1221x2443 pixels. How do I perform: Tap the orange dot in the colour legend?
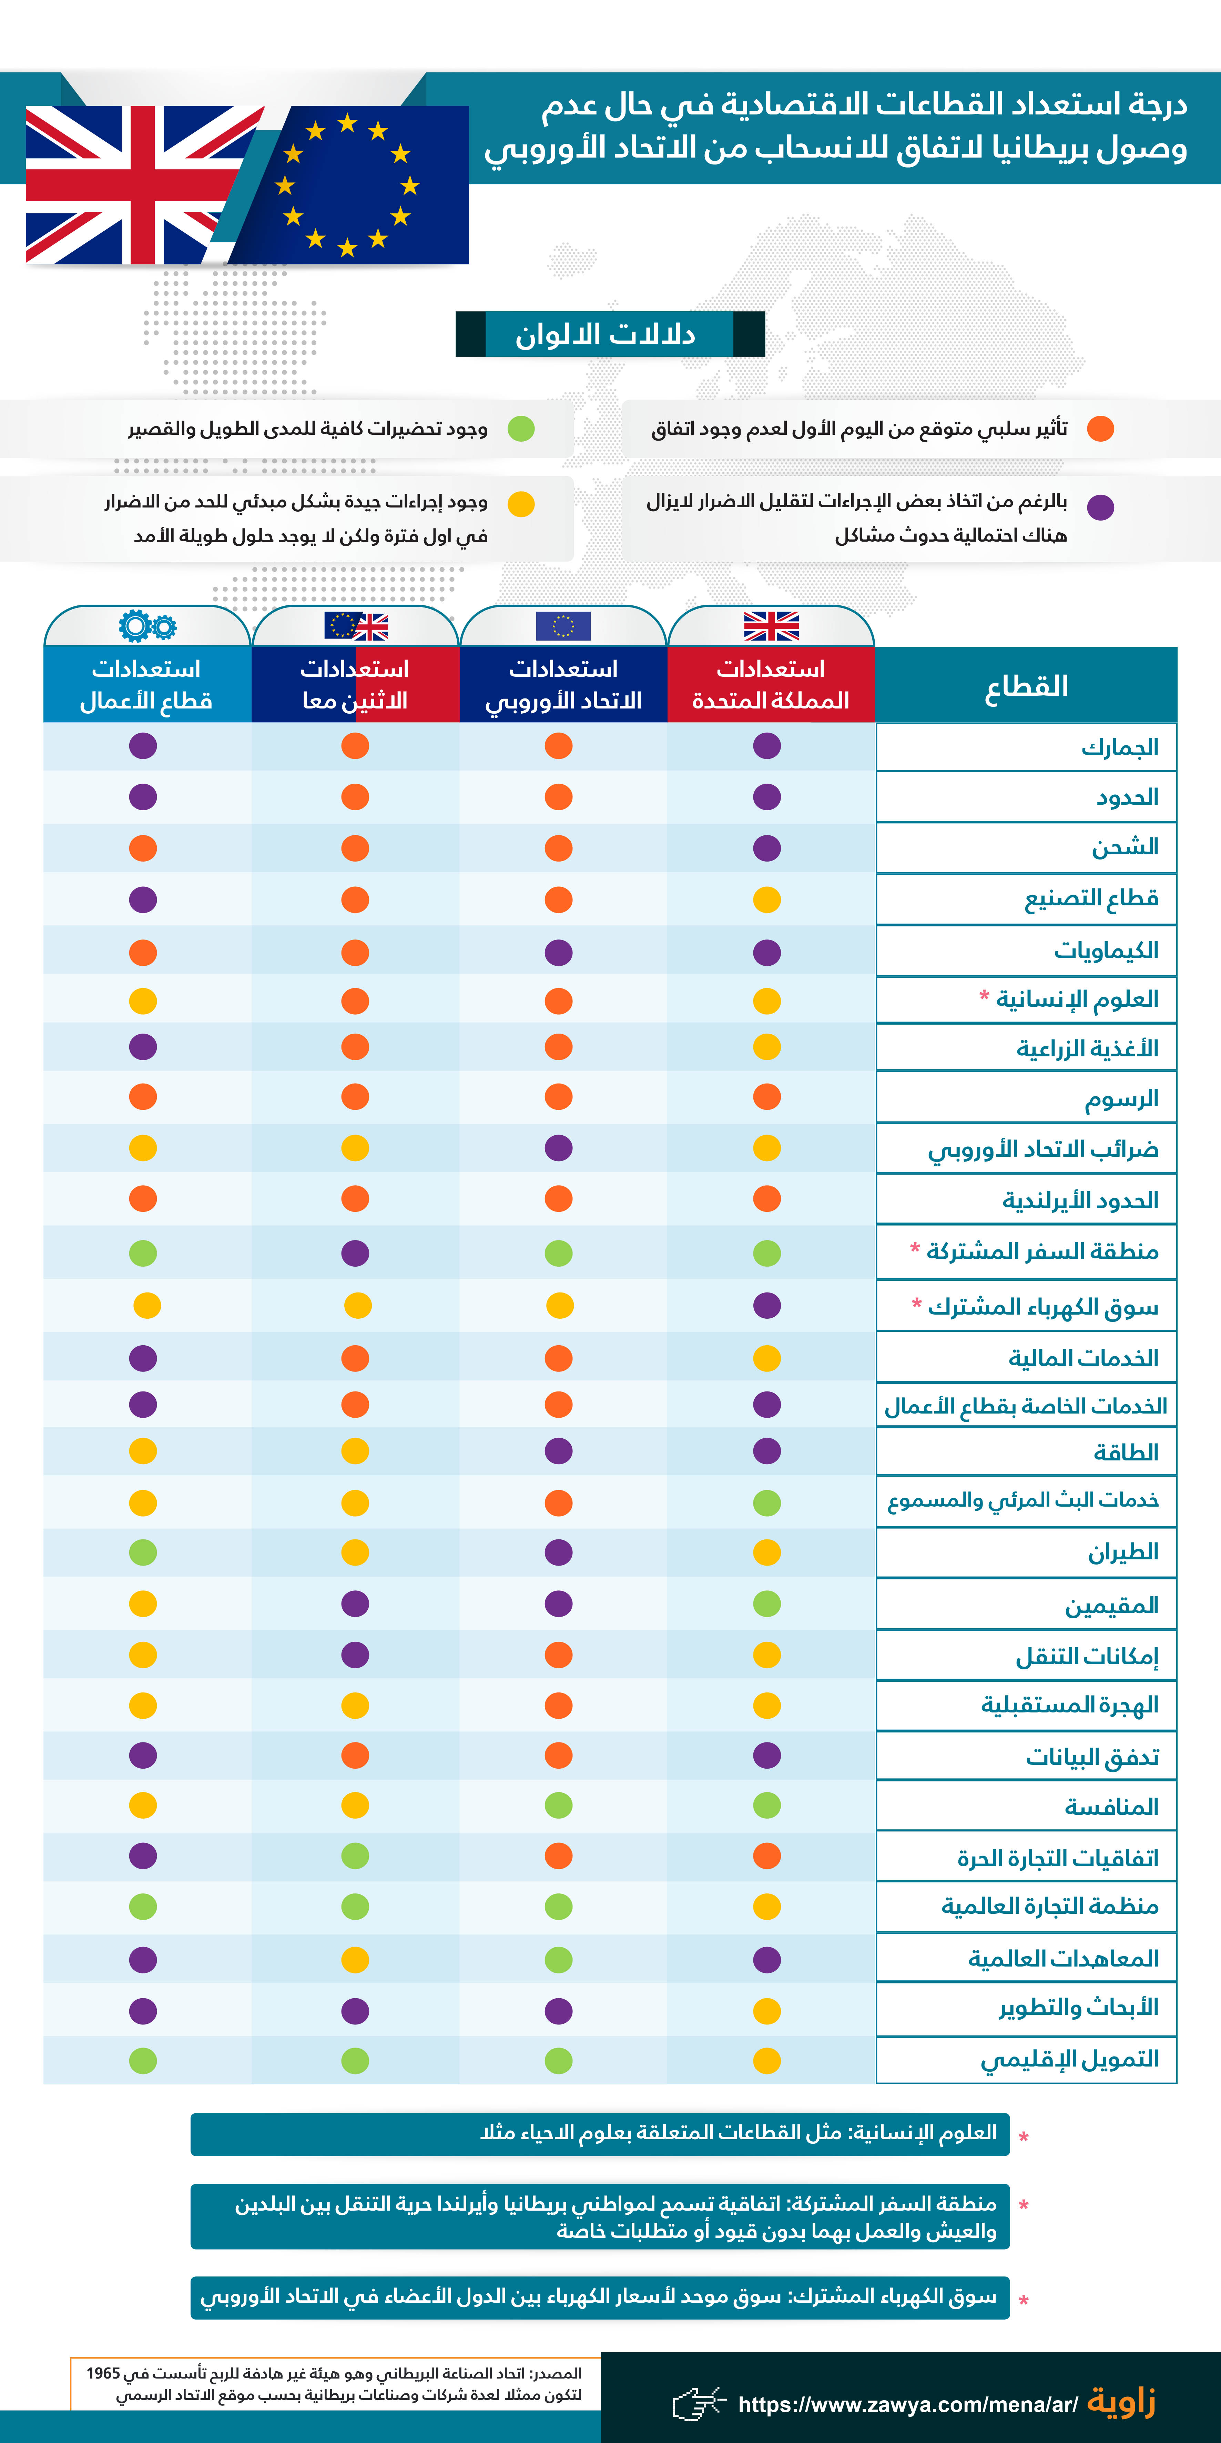click(1100, 429)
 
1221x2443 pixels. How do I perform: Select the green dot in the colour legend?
click(521, 429)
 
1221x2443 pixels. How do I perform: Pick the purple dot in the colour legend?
click(1100, 507)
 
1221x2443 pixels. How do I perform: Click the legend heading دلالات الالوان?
click(607, 334)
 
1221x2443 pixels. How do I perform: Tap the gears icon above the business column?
click(147, 626)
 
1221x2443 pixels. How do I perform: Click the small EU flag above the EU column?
click(563, 626)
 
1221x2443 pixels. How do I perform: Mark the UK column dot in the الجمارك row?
click(767, 746)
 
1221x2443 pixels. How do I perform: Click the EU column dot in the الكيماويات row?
click(558, 952)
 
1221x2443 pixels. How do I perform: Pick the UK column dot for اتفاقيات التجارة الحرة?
click(767, 1856)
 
